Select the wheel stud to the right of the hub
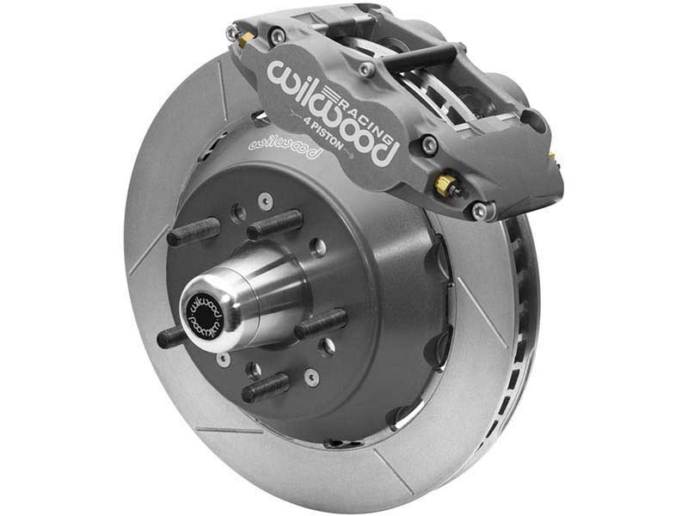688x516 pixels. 322,324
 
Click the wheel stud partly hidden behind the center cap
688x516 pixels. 172,336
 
